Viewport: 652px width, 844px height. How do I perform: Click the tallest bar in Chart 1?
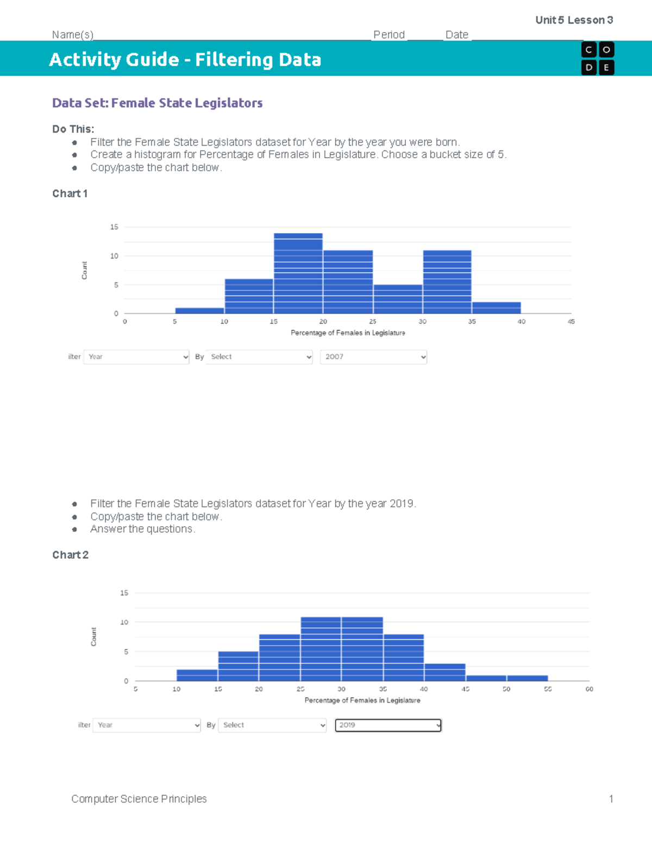tap(298, 273)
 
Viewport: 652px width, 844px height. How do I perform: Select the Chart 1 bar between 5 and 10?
tap(199, 310)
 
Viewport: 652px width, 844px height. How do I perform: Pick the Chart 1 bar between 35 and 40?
tap(496, 308)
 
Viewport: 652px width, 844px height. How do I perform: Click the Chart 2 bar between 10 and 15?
tap(197, 675)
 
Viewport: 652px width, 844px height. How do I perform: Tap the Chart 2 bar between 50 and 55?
tap(527, 678)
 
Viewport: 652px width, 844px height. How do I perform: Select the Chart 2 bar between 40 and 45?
tap(444, 672)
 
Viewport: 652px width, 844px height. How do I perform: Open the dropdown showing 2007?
tap(373, 357)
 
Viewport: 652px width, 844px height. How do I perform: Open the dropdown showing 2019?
tap(388, 725)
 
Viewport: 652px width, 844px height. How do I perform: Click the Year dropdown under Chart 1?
tap(136, 357)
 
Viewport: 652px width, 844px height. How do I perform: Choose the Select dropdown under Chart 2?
tap(272, 725)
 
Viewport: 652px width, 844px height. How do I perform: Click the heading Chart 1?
tap(70, 193)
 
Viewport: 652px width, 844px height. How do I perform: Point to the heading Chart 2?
tap(70, 555)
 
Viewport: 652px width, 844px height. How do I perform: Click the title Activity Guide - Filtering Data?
tap(185, 59)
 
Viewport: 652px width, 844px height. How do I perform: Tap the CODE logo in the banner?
tap(597, 58)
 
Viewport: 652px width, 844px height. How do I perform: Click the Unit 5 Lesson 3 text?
tap(574, 20)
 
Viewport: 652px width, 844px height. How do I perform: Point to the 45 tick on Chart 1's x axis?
tap(571, 322)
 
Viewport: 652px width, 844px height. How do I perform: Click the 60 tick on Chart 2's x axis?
tap(589, 689)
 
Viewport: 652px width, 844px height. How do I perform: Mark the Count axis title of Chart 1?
tap(84, 270)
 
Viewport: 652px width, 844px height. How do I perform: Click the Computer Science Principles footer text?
tap(139, 799)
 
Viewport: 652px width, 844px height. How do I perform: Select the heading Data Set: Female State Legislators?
tap(157, 103)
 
